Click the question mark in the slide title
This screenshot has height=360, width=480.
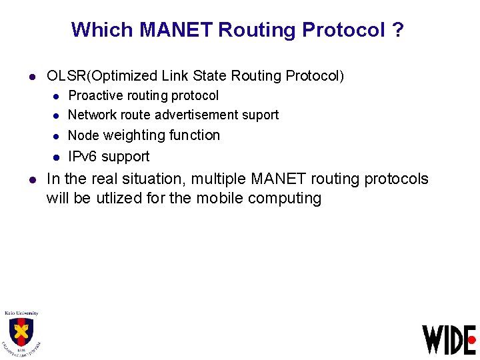(398, 30)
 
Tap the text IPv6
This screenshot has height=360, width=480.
(83, 157)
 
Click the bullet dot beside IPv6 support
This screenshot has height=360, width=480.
(57, 157)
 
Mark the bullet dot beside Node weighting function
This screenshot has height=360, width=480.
(57, 136)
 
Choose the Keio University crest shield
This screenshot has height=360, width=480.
(21, 331)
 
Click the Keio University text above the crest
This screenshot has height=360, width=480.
(21, 313)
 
